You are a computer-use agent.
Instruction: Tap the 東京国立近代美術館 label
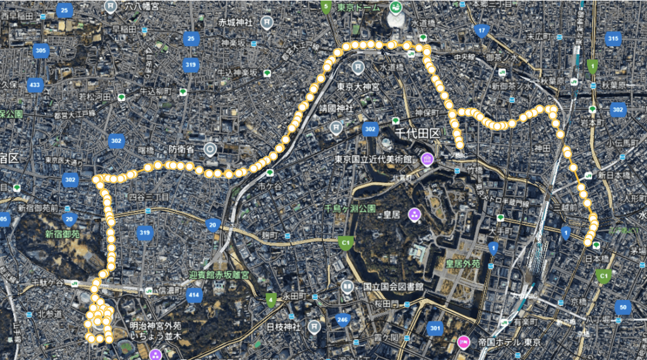coord(373,159)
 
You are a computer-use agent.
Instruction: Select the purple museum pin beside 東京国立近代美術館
coord(426,159)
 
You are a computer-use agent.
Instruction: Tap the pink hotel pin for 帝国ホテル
coord(463,342)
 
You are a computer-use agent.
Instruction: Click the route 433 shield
coord(35,85)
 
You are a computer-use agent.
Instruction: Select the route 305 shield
coord(41,51)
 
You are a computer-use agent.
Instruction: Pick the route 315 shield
coord(612,39)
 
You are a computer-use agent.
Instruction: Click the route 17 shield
coord(482,30)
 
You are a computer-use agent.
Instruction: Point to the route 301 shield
coord(434,328)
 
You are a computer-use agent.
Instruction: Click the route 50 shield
coord(623,308)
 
